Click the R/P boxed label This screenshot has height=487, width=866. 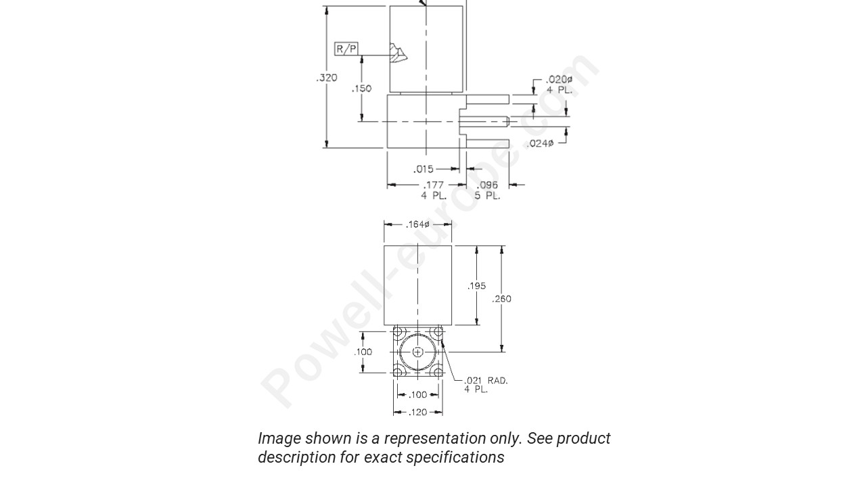point(346,49)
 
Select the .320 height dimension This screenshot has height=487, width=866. point(327,78)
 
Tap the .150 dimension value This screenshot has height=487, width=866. point(362,89)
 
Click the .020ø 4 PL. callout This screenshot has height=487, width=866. point(559,85)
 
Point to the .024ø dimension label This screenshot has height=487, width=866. point(540,143)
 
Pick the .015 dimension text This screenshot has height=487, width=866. point(424,169)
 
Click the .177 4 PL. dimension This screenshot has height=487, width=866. point(434,190)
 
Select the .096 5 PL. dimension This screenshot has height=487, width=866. point(487,190)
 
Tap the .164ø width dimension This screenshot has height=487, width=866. point(417,225)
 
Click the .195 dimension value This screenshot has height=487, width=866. point(476,286)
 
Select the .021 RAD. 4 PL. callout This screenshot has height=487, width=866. point(485,385)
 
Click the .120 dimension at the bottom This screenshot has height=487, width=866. point(418,412)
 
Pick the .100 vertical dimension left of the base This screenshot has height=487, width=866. point(363,352)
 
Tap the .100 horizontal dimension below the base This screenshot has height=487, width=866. point(418,395)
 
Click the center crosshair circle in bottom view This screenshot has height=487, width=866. point(418,352)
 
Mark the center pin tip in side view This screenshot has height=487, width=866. point(507,122)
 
